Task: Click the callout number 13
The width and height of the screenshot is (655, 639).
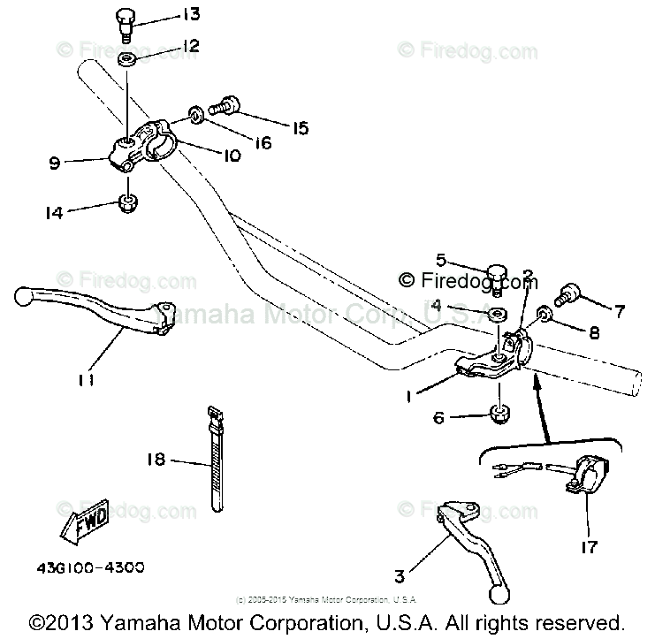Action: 190,14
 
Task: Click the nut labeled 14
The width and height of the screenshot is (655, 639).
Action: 129,207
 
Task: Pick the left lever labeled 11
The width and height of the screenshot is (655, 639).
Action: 88,309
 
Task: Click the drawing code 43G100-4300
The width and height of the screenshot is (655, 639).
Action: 91,567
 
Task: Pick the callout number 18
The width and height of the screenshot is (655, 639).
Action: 156,460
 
